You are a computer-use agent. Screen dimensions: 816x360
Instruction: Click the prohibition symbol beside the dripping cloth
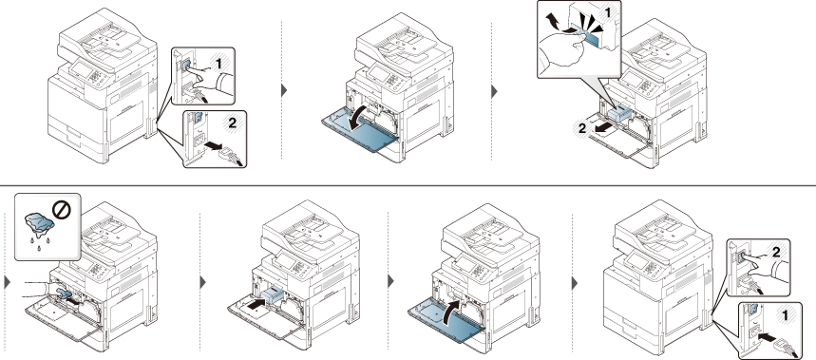tap(62, 210)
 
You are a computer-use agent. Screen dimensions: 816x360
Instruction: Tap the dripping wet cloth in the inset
tap(39, 223)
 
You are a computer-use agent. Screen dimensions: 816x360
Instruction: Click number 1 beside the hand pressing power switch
tap(218, 64)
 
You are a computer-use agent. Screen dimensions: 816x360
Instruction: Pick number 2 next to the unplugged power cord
tap(232, 123)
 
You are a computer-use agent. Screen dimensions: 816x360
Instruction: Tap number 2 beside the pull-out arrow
tap(583, 128)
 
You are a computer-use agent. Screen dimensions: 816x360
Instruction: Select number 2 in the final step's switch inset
tap(775, 253)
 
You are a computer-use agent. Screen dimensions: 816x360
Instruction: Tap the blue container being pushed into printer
tap(273, 295)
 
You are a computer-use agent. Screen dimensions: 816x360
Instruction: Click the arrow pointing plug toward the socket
tap(767, 337)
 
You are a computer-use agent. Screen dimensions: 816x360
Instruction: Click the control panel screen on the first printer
tap(80, 67)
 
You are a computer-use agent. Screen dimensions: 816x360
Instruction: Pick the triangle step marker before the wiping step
tap(7, 282)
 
